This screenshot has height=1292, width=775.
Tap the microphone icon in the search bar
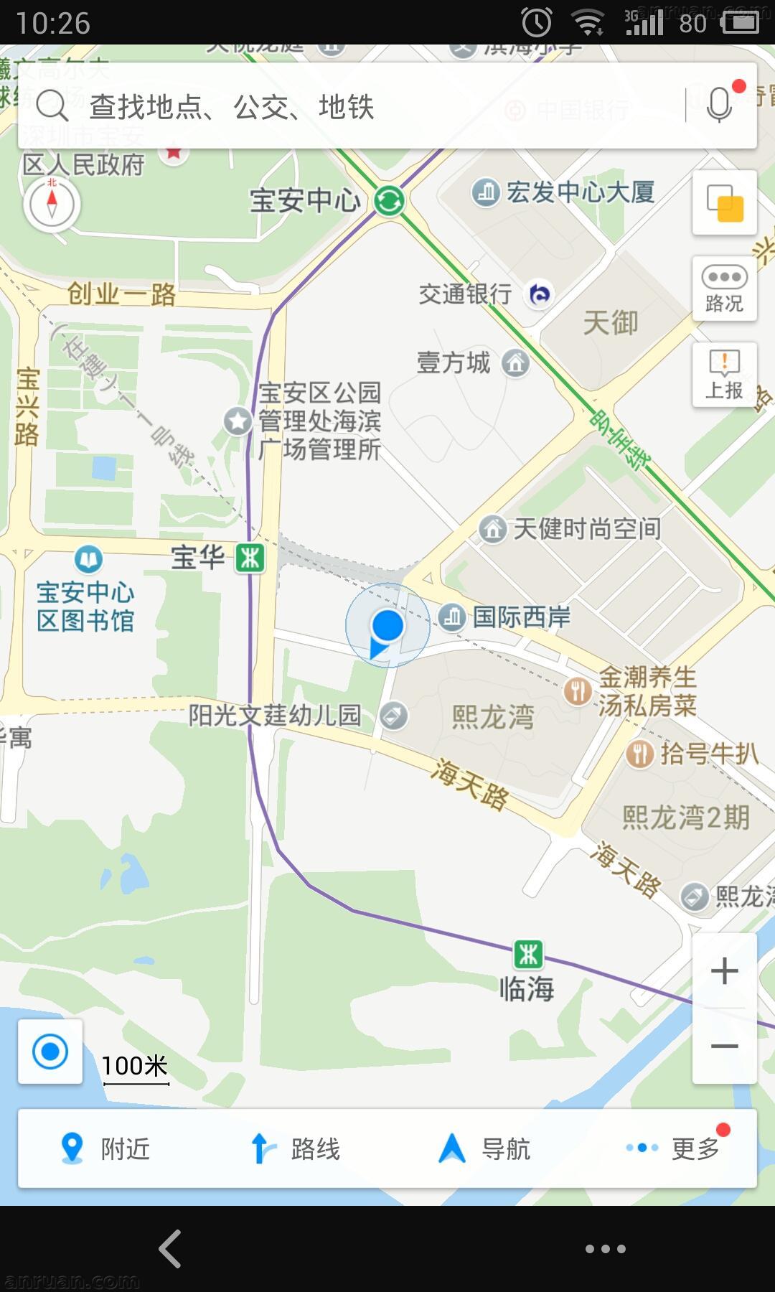point(719,106)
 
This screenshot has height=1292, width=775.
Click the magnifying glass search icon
point(52,106)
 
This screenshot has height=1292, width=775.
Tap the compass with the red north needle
point(52,204)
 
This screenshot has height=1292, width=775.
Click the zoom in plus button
point(724,971)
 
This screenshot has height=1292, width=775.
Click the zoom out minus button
point(724,1046)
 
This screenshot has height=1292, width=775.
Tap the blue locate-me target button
point(50,1052)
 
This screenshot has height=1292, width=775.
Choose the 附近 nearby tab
point(105,1148)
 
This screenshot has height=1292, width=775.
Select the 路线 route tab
point(295,1148)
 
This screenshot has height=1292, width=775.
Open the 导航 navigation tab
point(484,1148)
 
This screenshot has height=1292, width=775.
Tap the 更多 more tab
point(675,1148)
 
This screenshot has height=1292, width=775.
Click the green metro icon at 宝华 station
point(250,558)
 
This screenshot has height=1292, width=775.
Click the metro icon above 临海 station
point(528,955)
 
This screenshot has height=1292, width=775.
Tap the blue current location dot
point(387,625)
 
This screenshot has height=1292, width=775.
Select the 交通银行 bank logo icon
point(540,294)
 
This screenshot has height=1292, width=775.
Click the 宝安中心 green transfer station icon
point(390,200)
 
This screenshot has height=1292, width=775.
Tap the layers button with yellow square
point(724,203)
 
